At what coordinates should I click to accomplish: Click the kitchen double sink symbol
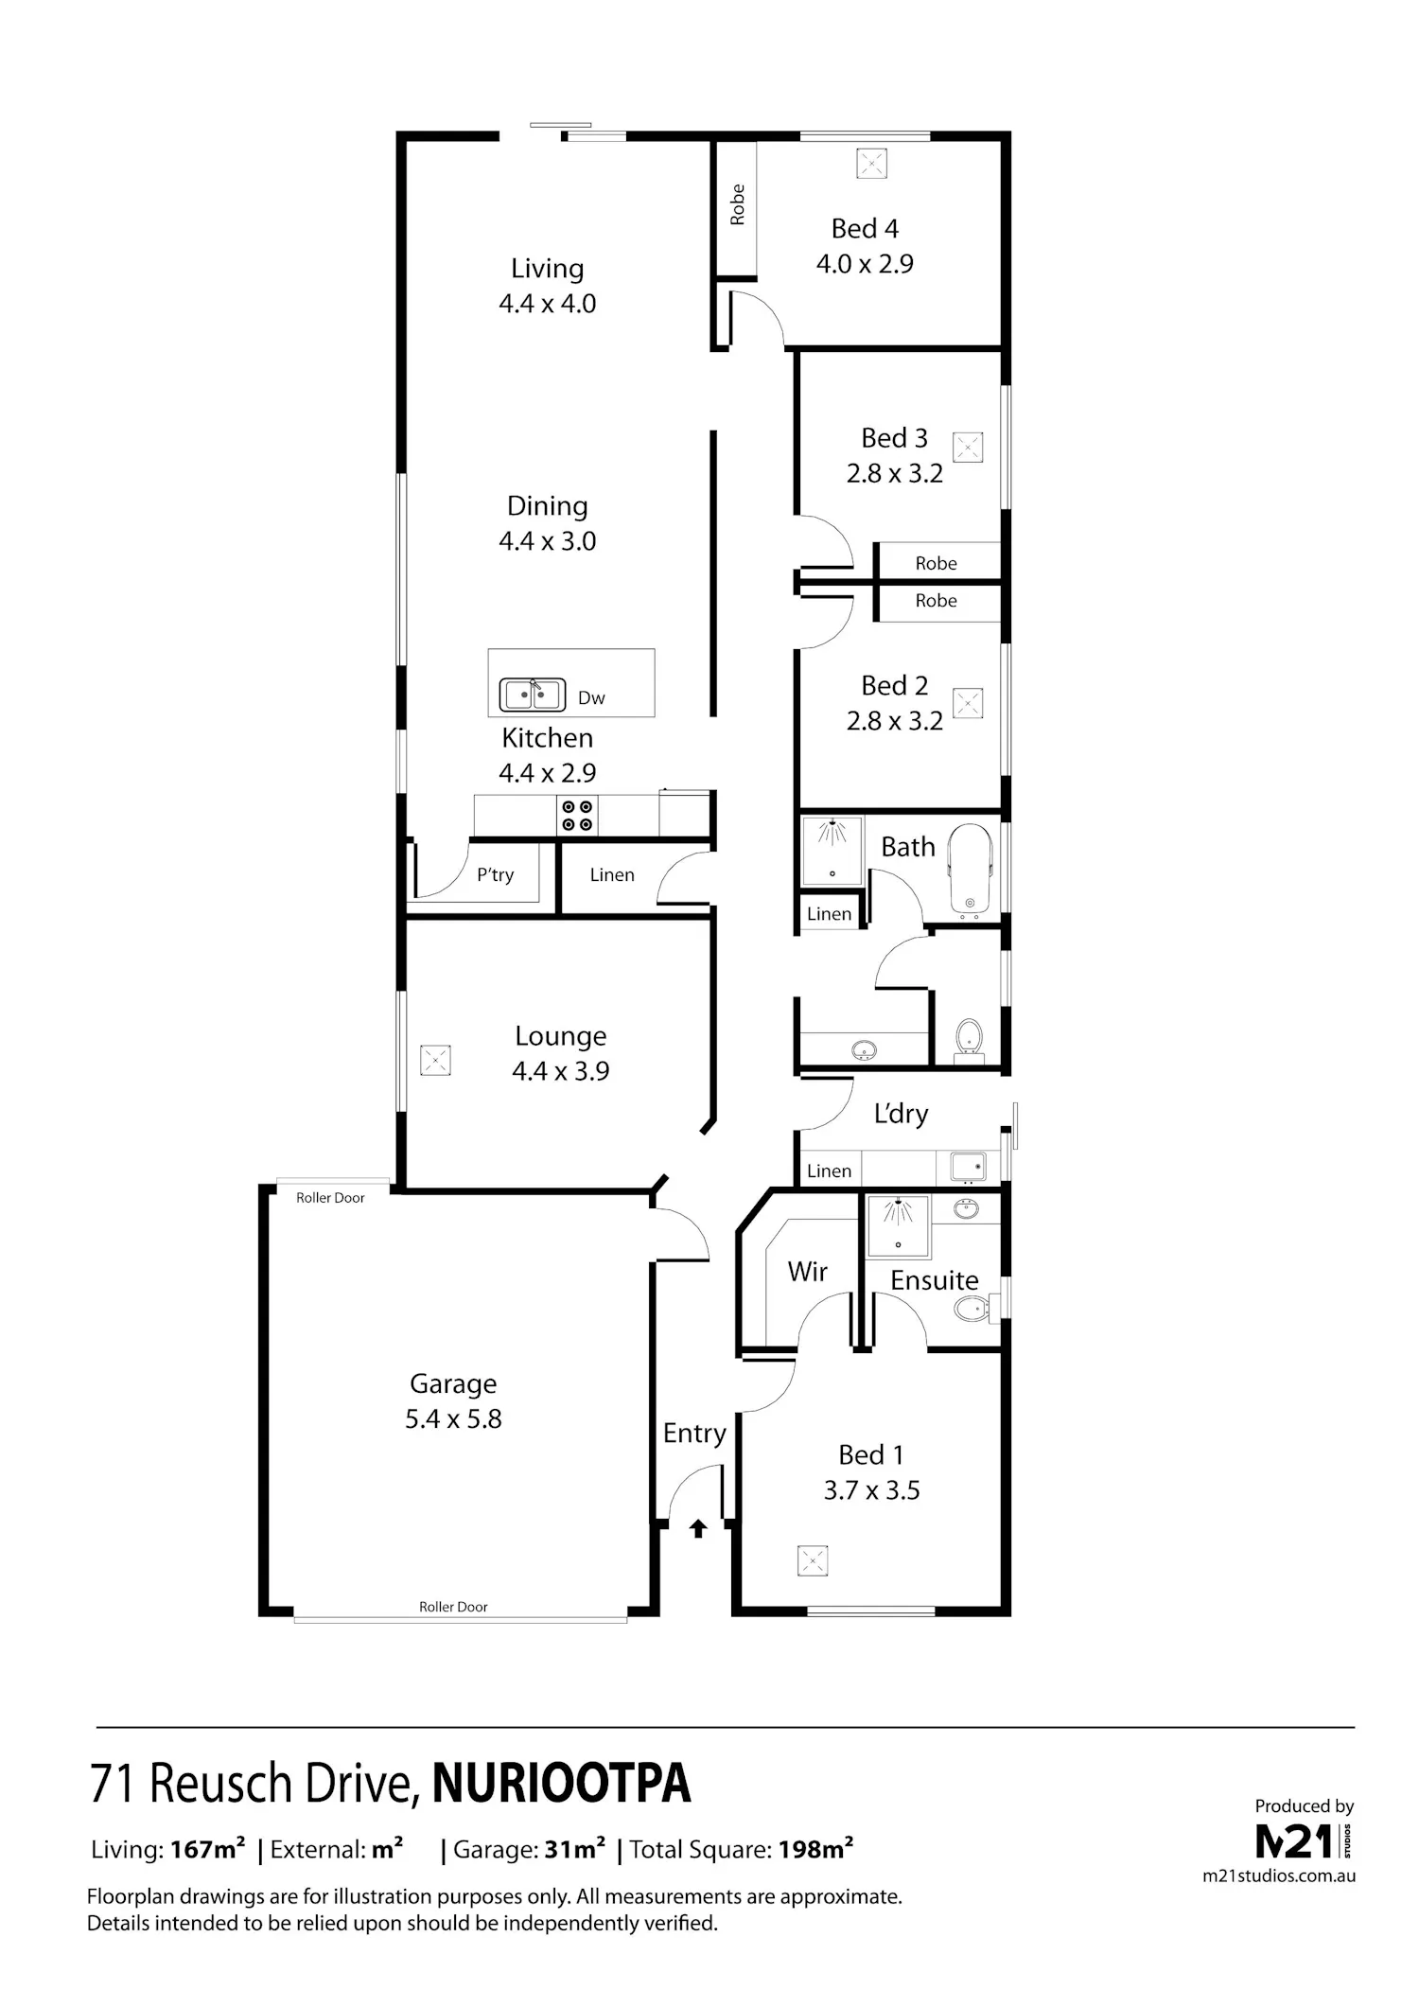[x=533, y=695]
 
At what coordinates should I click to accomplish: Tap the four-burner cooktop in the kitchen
[x=577, y=816]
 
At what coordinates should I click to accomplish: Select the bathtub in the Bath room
[x=970, y=871]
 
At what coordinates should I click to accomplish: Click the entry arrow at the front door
[x=698, y=1527]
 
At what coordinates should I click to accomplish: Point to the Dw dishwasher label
[x=591, y=698]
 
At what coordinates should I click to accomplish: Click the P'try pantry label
[x=495, y=875]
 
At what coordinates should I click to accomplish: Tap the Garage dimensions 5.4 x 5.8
[x=453, y=1419]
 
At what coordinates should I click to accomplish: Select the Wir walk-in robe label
[x=808, y=1272]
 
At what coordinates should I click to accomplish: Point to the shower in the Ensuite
[x=898, y=1225]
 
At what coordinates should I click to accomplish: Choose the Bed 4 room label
[x=865, y=229]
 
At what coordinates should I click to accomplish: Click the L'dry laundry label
[x=901, y=1114]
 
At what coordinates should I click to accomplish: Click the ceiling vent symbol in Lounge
[x=435, y=1060]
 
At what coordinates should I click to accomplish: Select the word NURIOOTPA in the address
[x=562, y=1784]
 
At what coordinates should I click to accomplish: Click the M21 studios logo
[x=1304, y=1841]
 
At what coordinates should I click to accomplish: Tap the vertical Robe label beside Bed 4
[x=738, y=204]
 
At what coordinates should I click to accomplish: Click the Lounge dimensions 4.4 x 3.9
[x=561, y=1071]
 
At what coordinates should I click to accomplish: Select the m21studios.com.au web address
[x=1279, y=1875]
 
